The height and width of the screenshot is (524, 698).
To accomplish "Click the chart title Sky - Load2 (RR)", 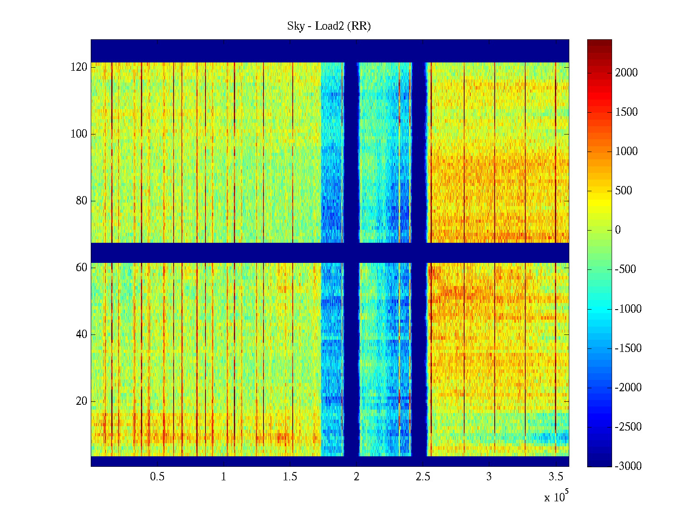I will point(328,26).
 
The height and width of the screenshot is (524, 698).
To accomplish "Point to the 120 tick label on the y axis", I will point(79,67).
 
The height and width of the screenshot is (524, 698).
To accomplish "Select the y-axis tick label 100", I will point(79,134).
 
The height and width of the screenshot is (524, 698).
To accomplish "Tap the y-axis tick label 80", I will point(82,201).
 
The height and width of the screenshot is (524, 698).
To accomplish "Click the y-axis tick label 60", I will point(82,268).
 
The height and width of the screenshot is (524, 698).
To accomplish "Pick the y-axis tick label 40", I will point(82,334).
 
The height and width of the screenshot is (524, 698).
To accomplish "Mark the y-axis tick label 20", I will point(82,401).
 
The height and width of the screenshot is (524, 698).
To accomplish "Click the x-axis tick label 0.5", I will point(157,477).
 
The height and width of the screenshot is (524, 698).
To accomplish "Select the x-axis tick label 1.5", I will point(290,477).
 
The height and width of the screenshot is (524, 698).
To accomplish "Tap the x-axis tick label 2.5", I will point(423,477).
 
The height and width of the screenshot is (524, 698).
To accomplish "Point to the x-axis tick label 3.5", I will point(555,477).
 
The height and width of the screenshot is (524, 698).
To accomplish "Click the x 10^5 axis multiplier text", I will point(556,497).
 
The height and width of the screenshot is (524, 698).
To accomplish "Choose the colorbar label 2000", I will point(626,73).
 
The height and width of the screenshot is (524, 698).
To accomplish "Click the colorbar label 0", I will point(618,230).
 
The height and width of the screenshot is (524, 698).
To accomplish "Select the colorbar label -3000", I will point(628,466).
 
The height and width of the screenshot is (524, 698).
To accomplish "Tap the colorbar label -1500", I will point(628,348).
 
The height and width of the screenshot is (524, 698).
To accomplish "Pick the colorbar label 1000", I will point(626,152).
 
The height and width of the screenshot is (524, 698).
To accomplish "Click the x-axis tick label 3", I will point(489,477).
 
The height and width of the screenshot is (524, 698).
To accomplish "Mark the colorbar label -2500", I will point(628,427).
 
